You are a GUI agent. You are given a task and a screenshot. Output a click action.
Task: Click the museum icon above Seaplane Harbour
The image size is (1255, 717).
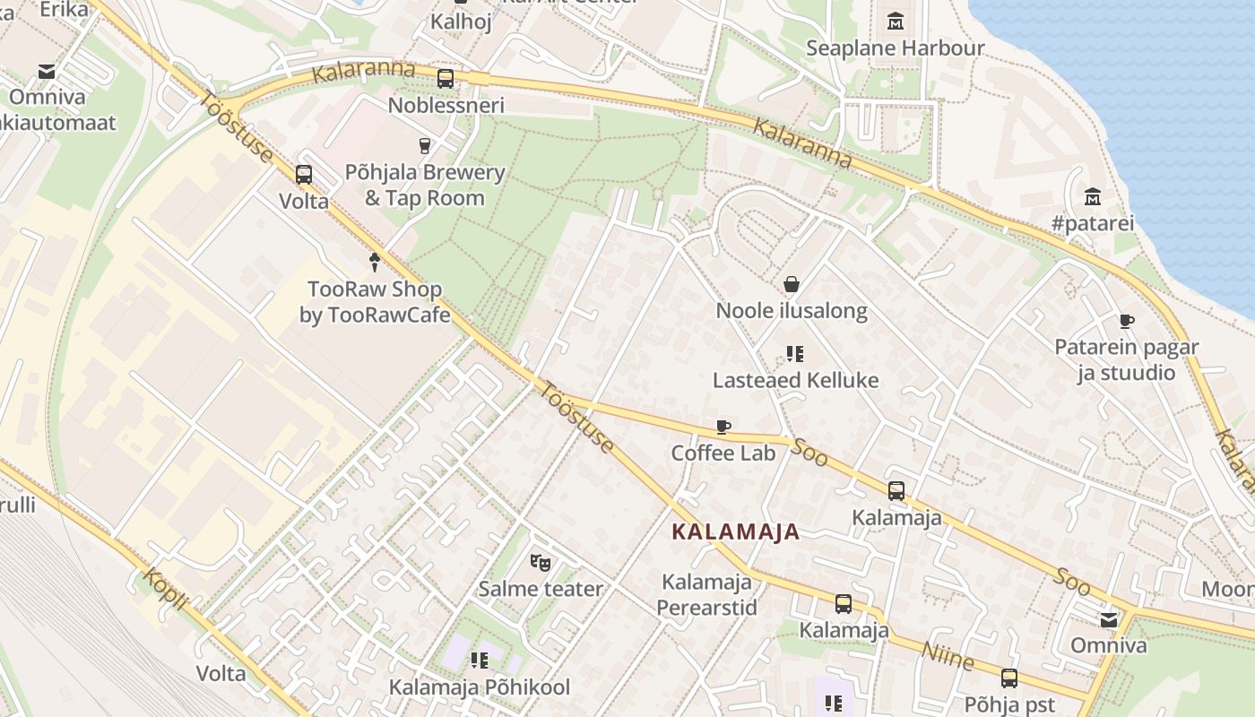pos(895,21)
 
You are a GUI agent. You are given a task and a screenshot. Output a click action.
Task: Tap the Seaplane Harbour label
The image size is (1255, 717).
pos(895,48)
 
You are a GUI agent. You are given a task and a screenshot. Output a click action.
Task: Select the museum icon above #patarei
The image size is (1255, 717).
pos(1092,196)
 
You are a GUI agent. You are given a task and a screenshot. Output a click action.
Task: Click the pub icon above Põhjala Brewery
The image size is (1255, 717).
pos(426,145)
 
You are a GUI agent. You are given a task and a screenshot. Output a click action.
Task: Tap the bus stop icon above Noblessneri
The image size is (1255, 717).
pos(446,79)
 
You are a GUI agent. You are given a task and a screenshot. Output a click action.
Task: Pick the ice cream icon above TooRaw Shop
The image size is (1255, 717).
pos(375,262)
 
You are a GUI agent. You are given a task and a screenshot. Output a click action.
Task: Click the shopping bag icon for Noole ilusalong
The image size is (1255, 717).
pos(792,284)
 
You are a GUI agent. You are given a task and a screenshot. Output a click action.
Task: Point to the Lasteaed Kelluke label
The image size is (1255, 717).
pos(795,380)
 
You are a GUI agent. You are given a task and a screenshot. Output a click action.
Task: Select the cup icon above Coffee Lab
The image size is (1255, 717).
pos(723,427)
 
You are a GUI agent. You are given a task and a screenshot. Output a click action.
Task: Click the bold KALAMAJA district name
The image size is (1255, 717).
pos(735,531)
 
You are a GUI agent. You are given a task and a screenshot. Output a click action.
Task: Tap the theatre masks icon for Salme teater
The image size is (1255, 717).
pos(540,562)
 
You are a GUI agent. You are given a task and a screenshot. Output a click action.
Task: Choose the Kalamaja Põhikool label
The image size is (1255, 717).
pos(479,687)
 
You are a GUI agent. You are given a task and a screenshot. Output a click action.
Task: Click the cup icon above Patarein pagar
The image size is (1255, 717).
pos(1127,321)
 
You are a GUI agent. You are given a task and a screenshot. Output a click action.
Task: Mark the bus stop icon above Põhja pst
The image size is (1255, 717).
pos(1009,678)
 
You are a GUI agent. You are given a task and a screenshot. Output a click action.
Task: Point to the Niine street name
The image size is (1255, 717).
pos(948,656)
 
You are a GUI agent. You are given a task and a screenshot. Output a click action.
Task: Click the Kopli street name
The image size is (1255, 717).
pos(166,589)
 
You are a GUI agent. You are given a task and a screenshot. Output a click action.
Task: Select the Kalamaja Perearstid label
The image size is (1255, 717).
pos(706,594)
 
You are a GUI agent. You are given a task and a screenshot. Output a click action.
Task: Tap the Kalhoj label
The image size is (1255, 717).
pos(461,22)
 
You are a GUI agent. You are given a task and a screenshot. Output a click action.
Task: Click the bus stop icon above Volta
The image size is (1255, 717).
pos(304,175)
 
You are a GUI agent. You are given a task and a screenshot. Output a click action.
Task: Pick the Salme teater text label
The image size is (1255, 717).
pos(540,589)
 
